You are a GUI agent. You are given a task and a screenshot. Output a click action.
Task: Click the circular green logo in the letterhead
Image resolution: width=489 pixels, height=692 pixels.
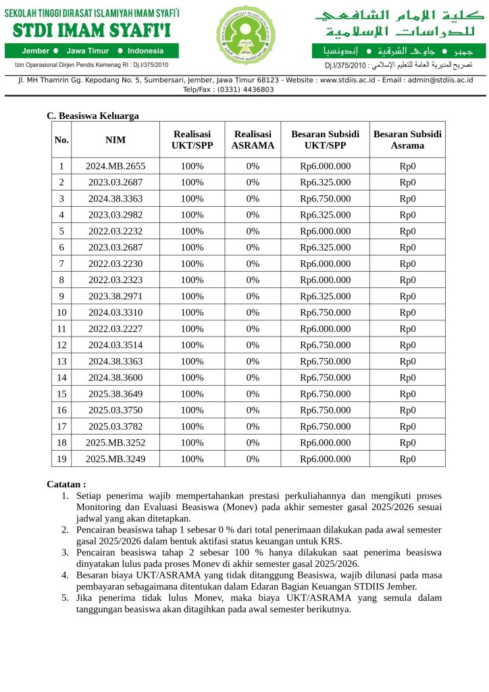point(246,35)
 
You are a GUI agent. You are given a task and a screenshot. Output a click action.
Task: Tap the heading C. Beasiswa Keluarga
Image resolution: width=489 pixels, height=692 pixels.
point(93,116)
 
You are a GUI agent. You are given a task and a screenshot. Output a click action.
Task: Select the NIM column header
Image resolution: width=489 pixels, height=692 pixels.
point(115,140)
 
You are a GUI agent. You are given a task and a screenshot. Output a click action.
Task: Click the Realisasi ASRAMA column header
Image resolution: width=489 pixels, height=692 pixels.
point(253,140)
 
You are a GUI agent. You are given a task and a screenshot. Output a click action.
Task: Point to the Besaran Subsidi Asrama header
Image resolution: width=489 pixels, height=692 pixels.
point(407,140)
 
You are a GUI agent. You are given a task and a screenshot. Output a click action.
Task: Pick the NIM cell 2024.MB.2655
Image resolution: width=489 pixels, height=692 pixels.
point(115,166)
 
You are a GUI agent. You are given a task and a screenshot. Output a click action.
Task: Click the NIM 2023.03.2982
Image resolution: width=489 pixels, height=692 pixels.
point(115,215)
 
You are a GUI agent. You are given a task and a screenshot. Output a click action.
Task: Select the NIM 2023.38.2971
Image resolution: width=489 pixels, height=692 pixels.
point(115,296)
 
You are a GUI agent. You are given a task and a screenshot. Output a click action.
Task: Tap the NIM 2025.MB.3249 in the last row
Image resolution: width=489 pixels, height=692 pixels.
point(115,459)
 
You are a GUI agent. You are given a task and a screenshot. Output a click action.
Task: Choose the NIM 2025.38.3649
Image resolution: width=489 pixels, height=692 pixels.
point(115,394)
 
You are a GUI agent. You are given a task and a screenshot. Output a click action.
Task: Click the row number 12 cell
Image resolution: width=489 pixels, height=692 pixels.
point(61,345)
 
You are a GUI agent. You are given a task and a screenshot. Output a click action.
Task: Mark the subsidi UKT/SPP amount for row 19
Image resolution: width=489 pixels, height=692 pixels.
point(325,459)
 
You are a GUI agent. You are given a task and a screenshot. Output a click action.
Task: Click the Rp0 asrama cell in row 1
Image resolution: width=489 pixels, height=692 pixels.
point(407,166)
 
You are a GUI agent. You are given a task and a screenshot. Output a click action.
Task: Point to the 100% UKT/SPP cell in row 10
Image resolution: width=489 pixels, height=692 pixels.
point(192,312)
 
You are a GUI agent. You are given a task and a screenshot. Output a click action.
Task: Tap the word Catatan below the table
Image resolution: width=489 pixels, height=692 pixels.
point(66,485)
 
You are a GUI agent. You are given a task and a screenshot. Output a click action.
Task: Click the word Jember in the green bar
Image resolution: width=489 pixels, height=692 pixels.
point(35,51)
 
